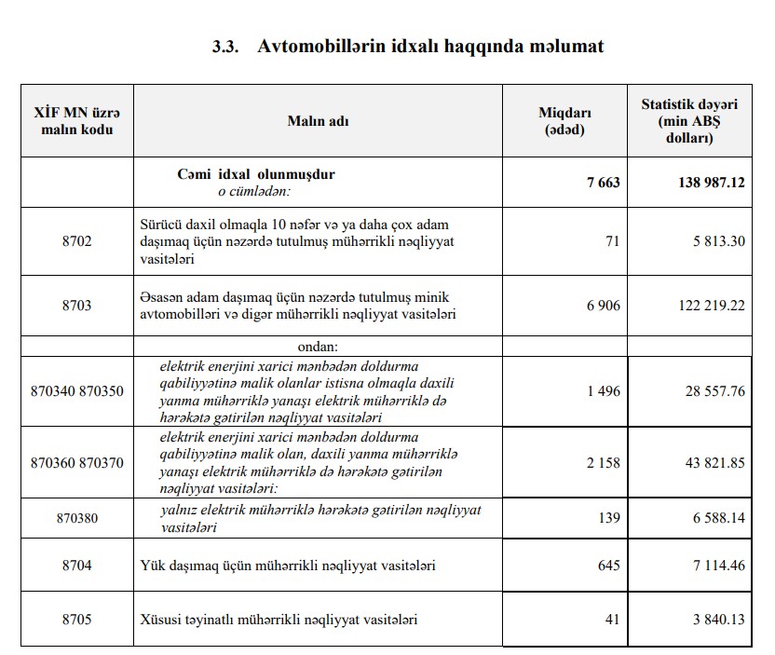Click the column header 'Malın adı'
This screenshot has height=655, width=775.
pyautogui.click(x=319, y=121)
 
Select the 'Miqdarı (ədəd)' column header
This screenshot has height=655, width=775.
pyautogui.click(x=564, y=121)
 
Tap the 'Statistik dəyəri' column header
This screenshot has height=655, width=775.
pyautogui.click(x=689, y=121)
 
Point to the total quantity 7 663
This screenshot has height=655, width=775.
pyautogui.click(x=603, y=183)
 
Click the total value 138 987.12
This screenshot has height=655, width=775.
pyautogui.click(x=711, y=183)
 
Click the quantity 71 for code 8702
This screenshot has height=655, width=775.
pyautogui.click(x=612, y=241)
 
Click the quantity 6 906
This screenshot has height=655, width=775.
pyautogui.click(x=603, y=306)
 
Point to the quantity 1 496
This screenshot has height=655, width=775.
pyautogui.click(x=603, y=391)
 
